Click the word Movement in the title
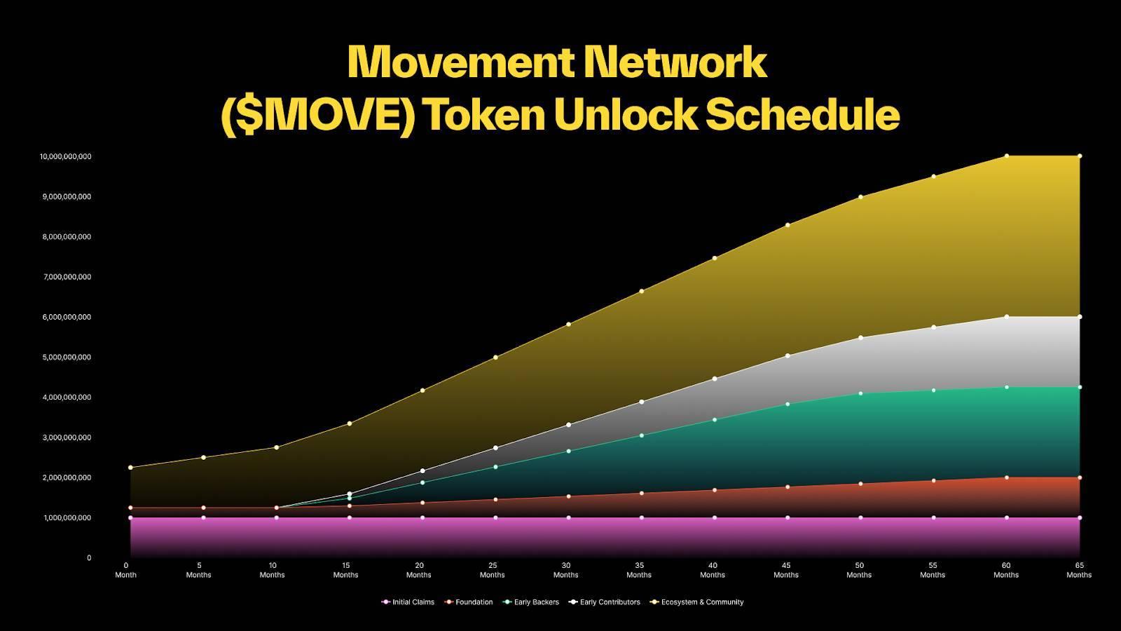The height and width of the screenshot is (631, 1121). [x=459, y=62]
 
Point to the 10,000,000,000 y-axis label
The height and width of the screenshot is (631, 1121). [x=65, y=156]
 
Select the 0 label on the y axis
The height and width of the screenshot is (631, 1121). [x=89, y=558]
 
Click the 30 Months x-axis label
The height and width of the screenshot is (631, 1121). [x=565, y=569]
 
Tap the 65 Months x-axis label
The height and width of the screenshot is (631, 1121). [x=1079, y=569]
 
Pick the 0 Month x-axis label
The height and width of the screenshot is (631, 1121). [x=126, y=569]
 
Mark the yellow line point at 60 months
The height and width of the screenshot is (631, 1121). [x=1007, y=156]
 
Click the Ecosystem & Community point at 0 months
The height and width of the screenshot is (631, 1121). [x=130, y=467]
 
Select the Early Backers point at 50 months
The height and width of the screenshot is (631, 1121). [x=860, y=393]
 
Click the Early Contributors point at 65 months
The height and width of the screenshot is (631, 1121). [x=1080, y=316]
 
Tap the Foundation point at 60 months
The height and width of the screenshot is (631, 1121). [x=1007, y=477]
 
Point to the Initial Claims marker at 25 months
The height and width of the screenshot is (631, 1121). [x=496, y=517]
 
